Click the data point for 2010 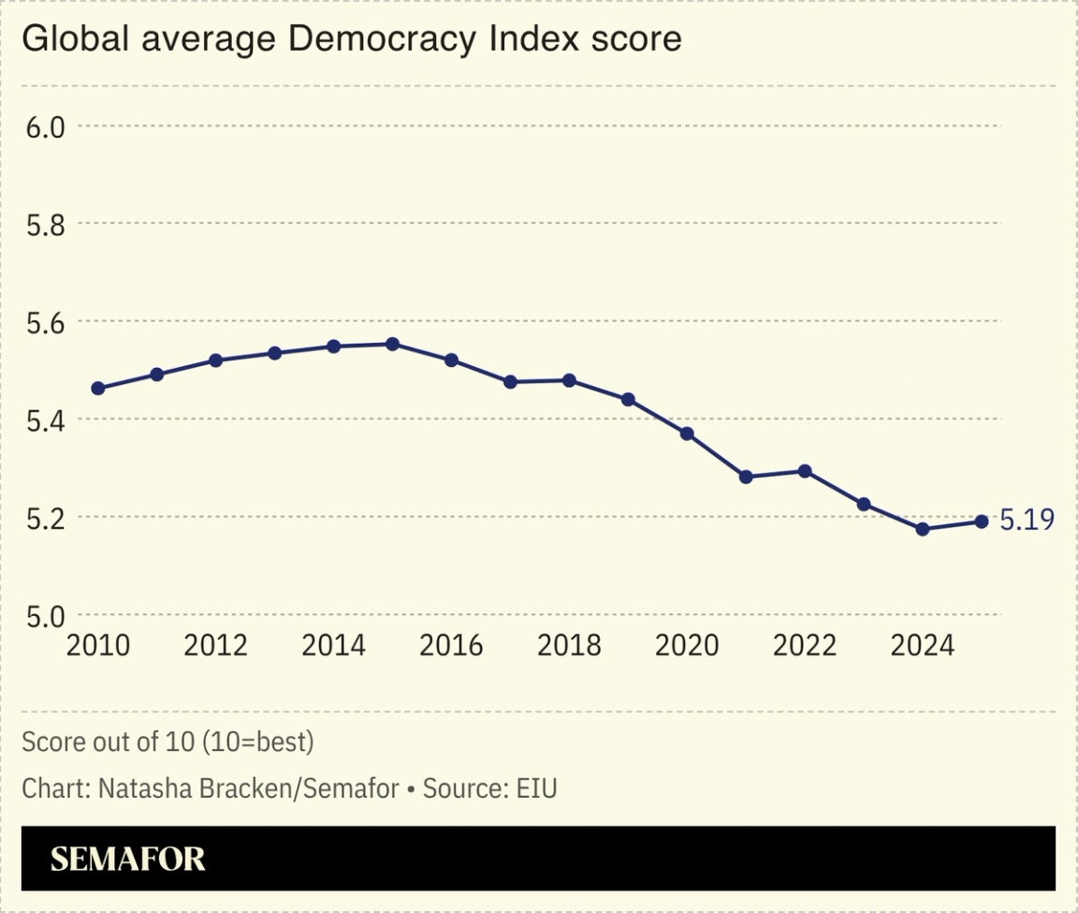click(98, 388)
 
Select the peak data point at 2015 click(393, 344)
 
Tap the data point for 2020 click(687, 434)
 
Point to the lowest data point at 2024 click(923, 529)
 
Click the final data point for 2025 click(982, 522)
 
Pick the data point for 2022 click(805, 471)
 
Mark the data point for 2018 click(569, 380)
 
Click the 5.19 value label click(1027, 521)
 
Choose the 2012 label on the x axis click(215, 645)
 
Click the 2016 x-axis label click(451, 645)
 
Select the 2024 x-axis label click(922, 645)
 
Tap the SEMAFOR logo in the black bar click(127, 859)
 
